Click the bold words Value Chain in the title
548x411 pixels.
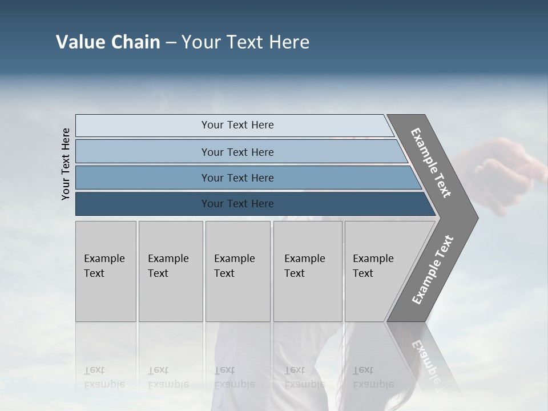click(108, 42)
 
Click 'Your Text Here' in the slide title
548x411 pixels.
click(245, 42)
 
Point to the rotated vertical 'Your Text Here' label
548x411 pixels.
click(66, 164)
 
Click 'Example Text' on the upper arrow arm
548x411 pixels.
click(431, 163)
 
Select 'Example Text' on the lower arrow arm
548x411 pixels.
click(433, 269)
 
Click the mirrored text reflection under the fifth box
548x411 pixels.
click(373, 377)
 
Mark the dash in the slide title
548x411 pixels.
click(171, 43)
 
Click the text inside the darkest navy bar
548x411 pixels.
click(237, 204)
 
